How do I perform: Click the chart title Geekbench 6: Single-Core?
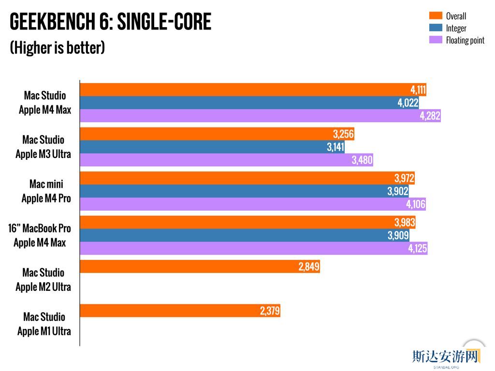110,22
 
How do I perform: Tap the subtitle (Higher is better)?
57,48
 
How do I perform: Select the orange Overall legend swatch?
436,15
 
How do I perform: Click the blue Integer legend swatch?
436,28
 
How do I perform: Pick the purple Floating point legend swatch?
436,40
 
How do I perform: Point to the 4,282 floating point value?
430,116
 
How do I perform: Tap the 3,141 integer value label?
335,147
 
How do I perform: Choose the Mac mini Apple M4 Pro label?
46,191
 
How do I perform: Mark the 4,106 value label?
416,204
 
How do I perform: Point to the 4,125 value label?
417,249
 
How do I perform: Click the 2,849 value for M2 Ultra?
309,267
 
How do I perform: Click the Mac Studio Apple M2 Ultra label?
44,280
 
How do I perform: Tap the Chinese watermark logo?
445,357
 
